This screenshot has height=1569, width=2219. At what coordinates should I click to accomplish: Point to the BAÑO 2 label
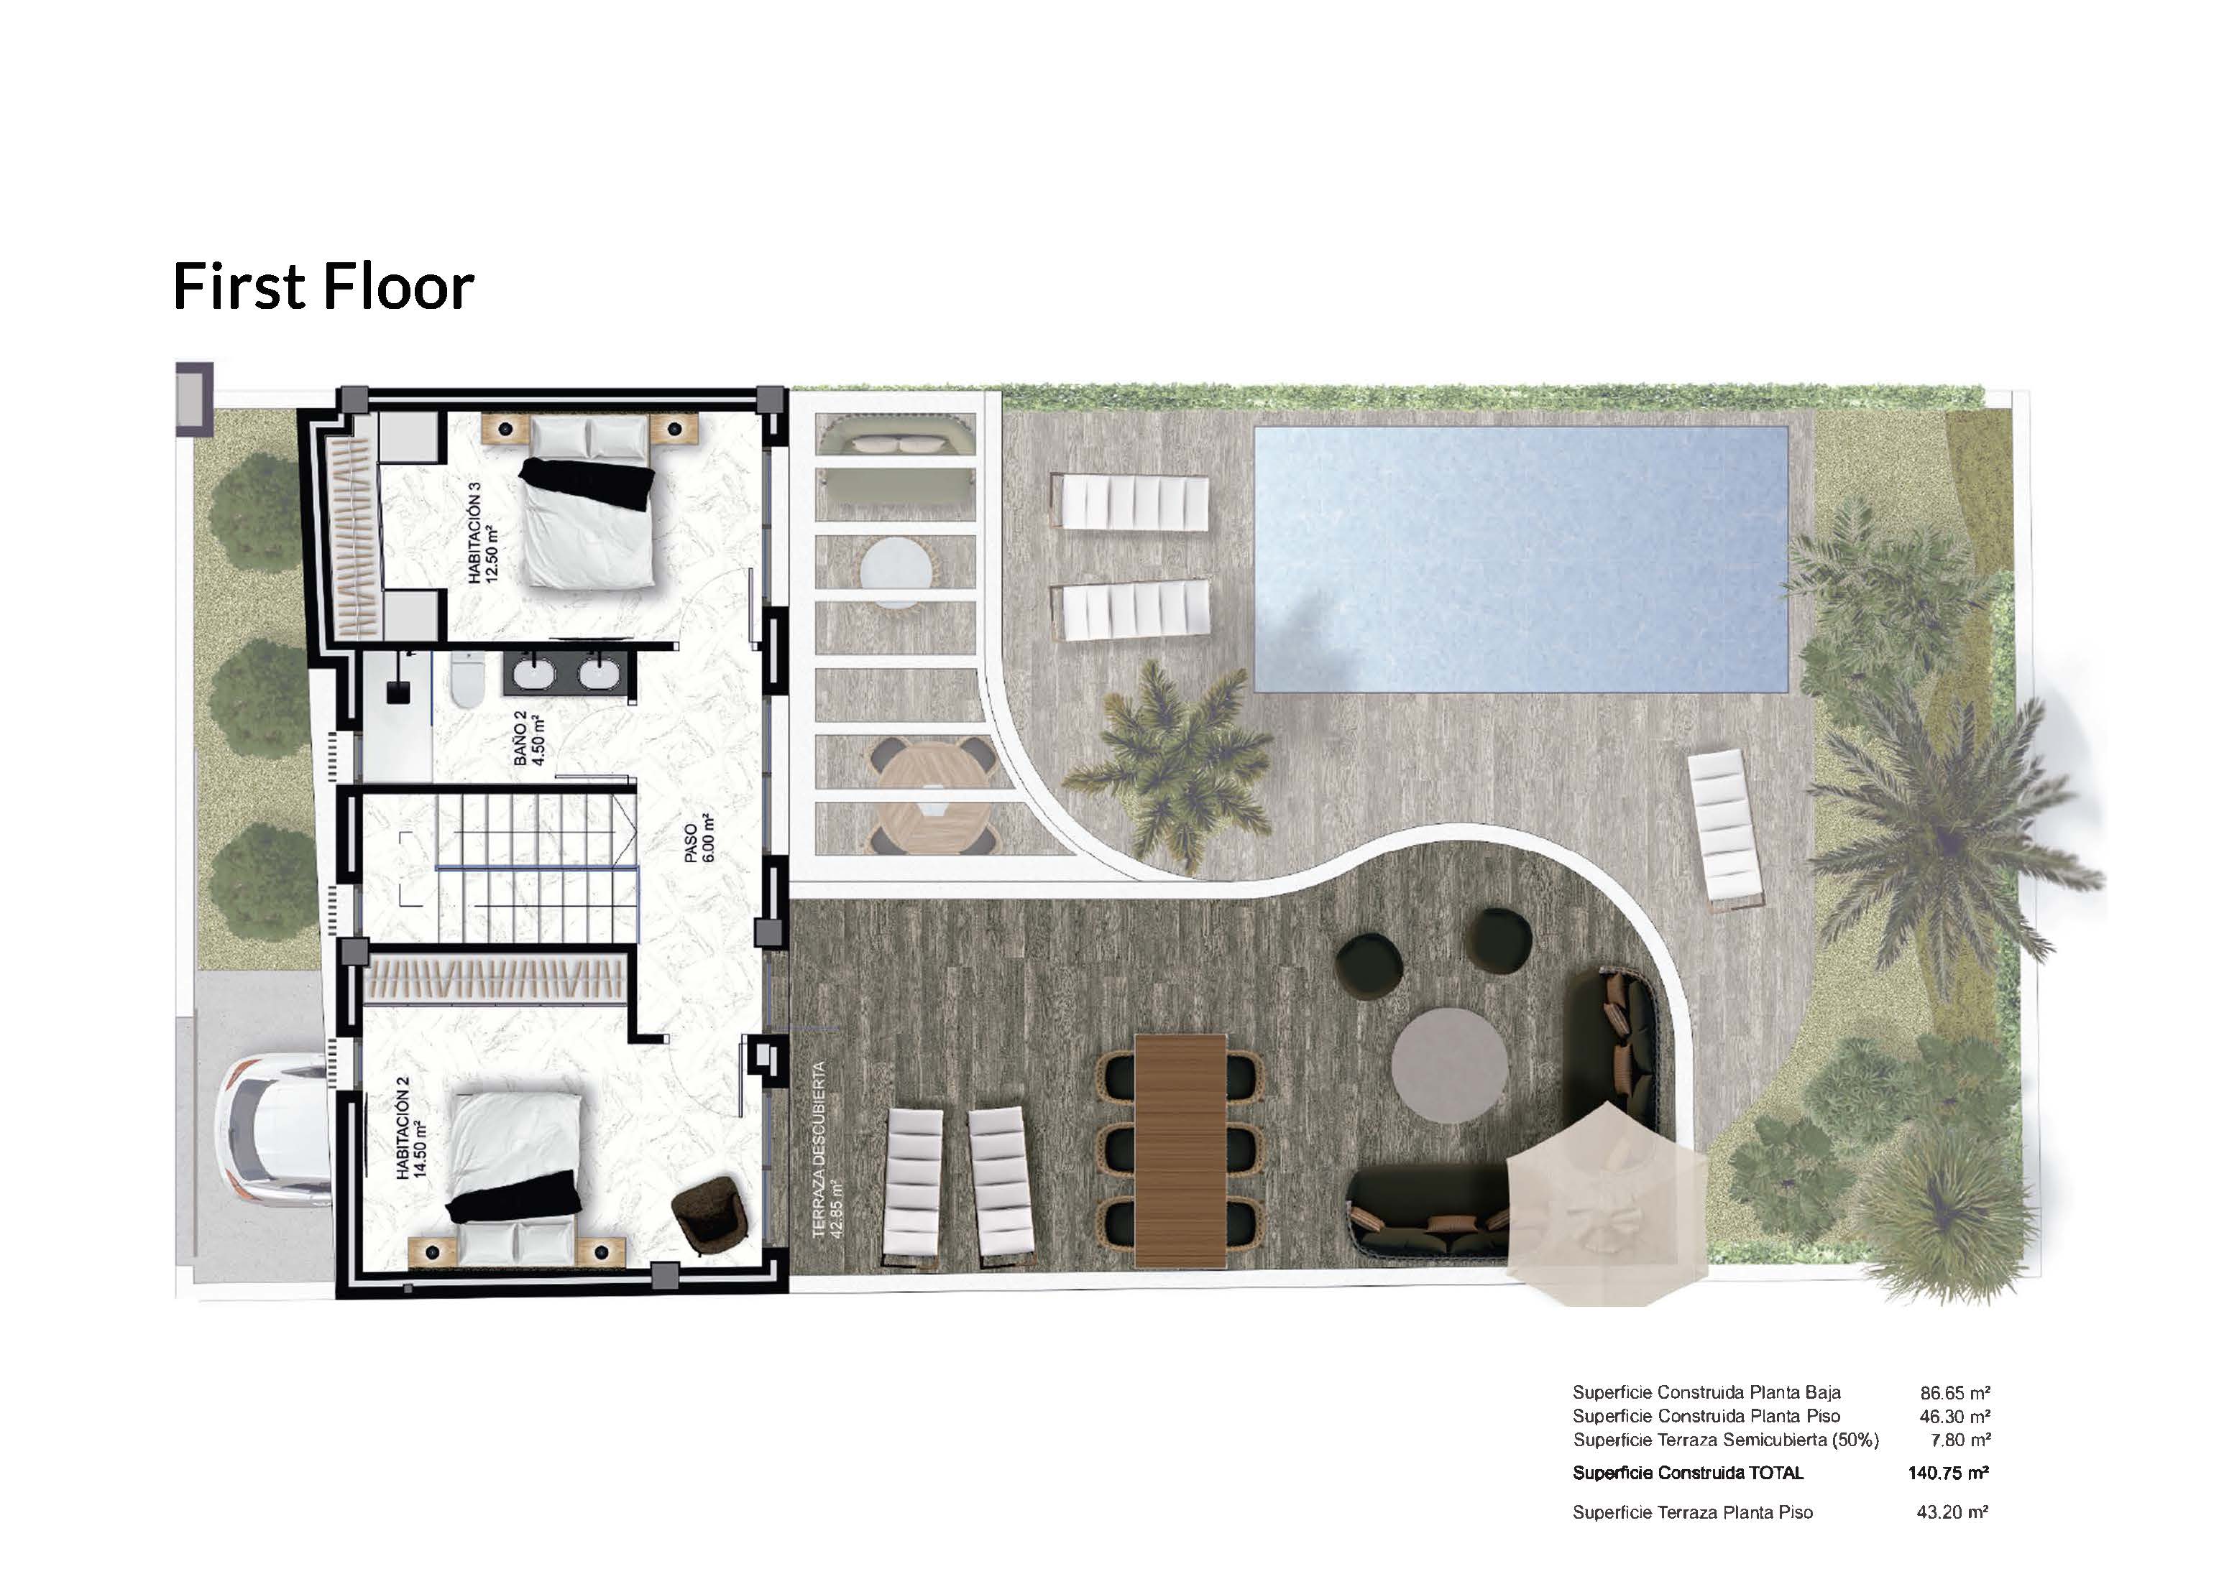pyautogui.click(x=530, y=738)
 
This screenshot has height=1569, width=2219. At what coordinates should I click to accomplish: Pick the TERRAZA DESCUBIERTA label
pyautogui.click(x=827, y=1149)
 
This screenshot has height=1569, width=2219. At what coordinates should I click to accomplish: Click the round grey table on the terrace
pyautogui.click(x=1450, y=1064)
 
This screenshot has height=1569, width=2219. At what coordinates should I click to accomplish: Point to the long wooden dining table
pyautogui.click(x=1180, y=1149)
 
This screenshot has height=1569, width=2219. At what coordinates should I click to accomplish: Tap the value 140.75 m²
pyautogui.click(x=1949, y=1473)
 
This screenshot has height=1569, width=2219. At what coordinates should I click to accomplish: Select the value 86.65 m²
pyautogui.click(x=1955, y=1393)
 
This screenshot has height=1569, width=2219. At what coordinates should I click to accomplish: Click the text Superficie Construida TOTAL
pyautogui.click(x=1689, y=1473)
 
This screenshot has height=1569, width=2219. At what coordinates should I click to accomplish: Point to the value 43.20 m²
pyautogui.click(x=1952, y=1512)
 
